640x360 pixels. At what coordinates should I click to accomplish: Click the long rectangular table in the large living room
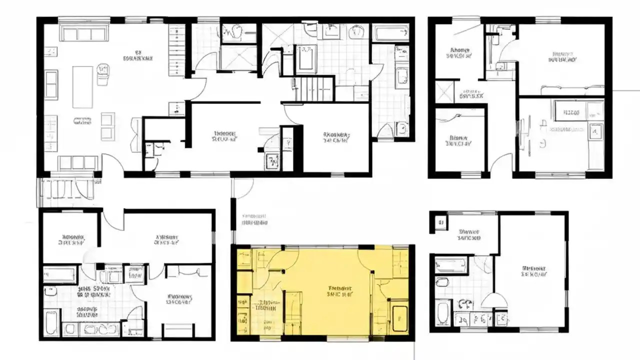click(82, 86)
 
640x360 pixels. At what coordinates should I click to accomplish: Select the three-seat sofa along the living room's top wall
click(84, 33)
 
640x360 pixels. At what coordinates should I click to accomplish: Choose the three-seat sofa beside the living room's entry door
click(77, 162)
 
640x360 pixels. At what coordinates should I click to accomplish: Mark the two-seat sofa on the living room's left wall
click(51, 84)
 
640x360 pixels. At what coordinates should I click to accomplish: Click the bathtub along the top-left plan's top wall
click(391, 34)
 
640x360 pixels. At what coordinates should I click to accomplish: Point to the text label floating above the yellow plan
click(254, 220)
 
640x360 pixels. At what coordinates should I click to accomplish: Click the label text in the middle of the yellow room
click(340, 291)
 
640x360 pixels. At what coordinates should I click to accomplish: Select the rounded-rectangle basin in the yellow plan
click(399, 318)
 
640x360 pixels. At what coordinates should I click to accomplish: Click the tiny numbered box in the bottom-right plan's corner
click(440, 222)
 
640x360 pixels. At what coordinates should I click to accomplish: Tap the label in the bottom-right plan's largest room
click(534, 270)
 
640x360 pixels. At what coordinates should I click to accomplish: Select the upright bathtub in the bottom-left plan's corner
click(51, 322)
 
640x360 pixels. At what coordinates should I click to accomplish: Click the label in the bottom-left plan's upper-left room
click(71, 239)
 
